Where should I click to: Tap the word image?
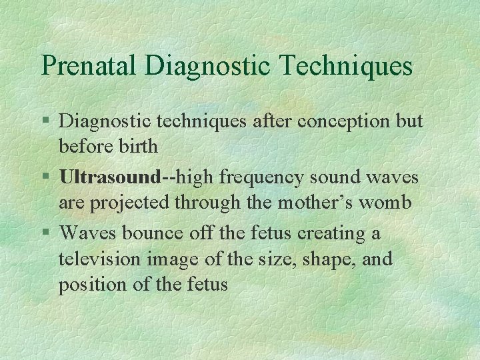pos(178,258)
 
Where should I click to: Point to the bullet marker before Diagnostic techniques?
pos(45,122)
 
